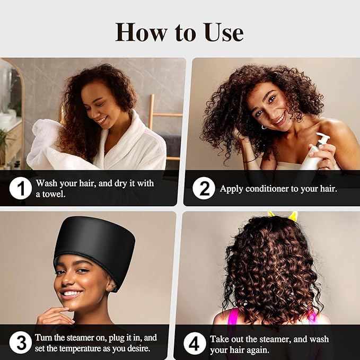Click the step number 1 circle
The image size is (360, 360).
(21, 188)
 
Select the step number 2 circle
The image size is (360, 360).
(204, 188)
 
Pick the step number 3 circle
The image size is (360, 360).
(21, 343)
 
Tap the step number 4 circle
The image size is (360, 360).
(195, 343)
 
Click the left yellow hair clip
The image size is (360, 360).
(271, 214)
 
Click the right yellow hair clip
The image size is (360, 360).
(292, 216)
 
